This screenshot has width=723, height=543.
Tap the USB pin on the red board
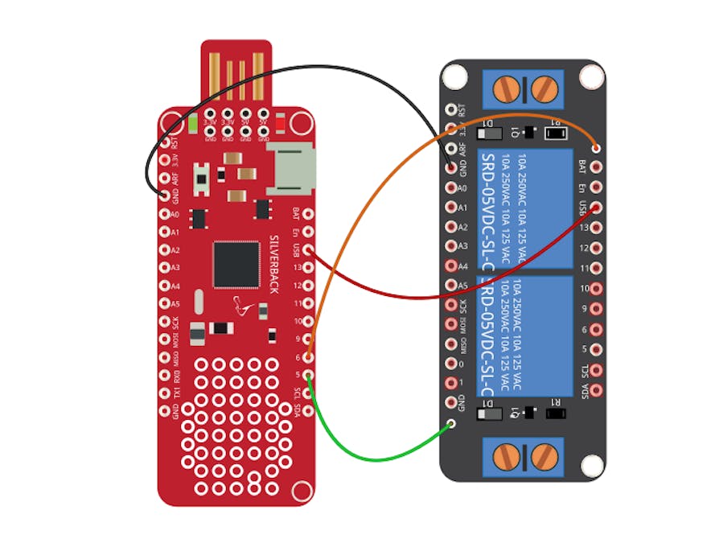[307, 249]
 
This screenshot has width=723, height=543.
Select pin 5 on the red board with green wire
[307, 375]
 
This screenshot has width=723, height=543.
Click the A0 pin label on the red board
[175, 214]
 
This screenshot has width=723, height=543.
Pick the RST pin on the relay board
[450, 110]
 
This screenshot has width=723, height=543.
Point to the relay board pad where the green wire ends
[451, 424]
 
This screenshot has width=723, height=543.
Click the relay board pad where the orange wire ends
[596, 147]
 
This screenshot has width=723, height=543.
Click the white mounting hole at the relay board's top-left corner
[454, 76]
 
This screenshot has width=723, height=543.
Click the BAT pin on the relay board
[596, 167]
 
